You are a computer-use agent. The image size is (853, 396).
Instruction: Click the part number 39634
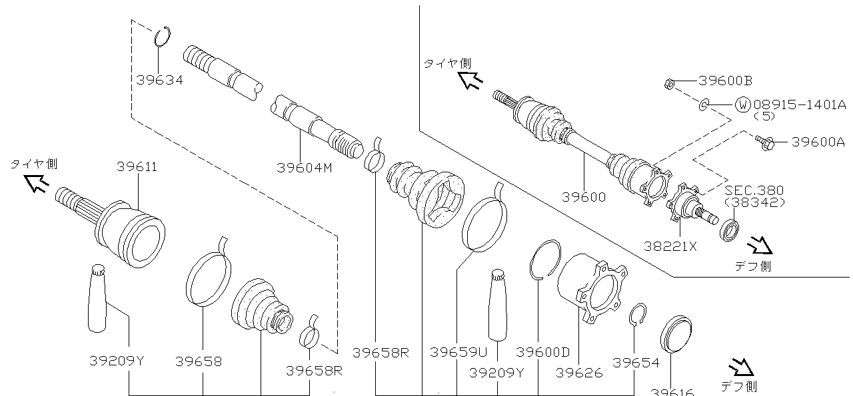[159, 80]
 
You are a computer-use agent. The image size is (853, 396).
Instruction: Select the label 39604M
[304, 168]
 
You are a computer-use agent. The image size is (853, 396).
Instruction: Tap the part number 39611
[137, 167]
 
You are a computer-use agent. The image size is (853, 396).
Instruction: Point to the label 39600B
[725, 81]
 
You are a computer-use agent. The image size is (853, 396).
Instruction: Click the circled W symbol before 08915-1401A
[742, 104]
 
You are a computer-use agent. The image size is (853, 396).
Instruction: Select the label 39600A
[818, 142]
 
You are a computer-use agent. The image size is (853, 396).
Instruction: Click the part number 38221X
[670, 246]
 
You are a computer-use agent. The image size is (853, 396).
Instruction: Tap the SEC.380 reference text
[754, 190]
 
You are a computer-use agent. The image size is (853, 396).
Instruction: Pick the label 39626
[578, 373]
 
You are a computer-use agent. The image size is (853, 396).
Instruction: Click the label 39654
[636, 363]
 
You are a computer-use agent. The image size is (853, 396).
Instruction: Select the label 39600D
[543, 351]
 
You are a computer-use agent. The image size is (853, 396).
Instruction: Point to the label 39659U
[458, 351]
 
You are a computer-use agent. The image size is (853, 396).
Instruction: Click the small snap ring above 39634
[163, 37]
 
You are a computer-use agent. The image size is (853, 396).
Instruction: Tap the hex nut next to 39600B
[668, 84]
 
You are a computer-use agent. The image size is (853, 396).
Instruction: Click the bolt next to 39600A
[764, 141]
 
